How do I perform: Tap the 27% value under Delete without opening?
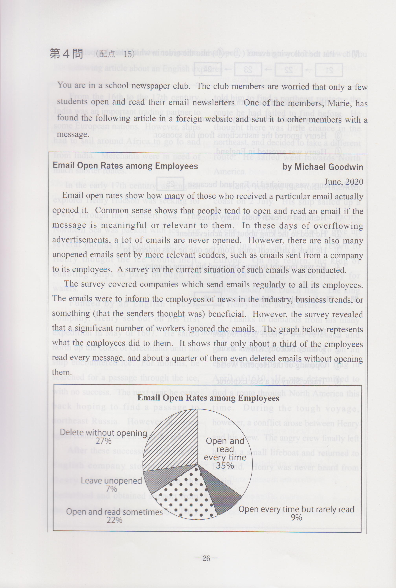(104, 441)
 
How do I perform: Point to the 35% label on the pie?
(225, 465)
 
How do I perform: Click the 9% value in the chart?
(296, 518)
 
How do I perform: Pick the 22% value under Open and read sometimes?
(114, 520)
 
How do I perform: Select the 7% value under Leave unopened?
(111, 489)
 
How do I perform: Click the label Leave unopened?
(111, 481)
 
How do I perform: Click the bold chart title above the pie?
(208, 398)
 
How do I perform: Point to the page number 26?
(206, 558)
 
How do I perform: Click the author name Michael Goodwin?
(329, 167)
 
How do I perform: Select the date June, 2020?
(344, 182)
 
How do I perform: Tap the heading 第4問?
(66, 53)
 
